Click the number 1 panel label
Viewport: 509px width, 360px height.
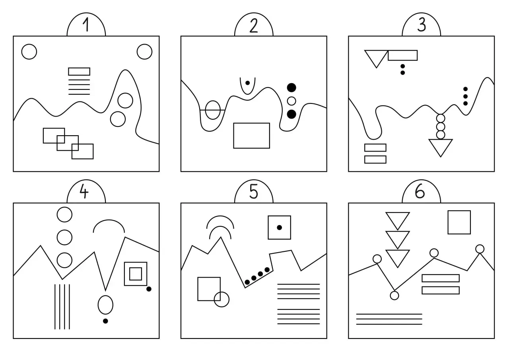point(86,25)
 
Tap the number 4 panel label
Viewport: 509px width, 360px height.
point(84,191)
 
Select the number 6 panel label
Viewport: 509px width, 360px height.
point(420,191)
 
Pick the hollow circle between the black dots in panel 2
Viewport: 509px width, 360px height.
point(291,101)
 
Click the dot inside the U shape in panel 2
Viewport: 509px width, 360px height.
point(248,83)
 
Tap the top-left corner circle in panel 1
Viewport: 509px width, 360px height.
point(29,52)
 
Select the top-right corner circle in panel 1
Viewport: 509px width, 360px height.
point(144,52)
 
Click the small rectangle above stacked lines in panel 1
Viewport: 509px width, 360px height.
point(79,71)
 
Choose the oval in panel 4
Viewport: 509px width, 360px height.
point(105,305)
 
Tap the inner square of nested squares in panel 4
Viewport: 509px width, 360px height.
point(136,274)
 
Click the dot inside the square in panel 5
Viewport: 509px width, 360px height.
point(280,228)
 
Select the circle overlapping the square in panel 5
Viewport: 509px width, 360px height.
point(221,299)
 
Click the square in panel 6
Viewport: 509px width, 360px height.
point(459,222)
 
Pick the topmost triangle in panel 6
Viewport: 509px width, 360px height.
point(398,220)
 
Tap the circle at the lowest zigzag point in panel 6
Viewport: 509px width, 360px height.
point(394,296)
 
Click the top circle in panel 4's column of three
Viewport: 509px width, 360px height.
point(64,214)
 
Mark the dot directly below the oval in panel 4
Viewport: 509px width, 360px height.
point(105,321)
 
